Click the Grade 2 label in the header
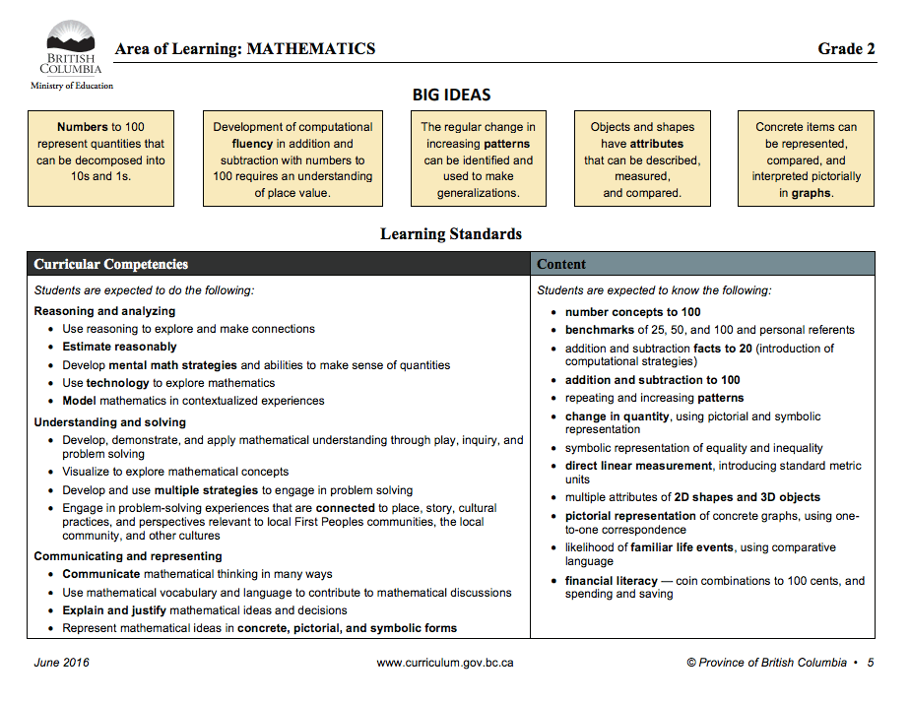846,48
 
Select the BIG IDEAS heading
451,96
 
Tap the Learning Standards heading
451,234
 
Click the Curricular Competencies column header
111,264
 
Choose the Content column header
561,264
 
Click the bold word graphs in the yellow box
812,193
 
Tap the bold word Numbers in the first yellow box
82,127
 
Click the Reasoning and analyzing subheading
104,311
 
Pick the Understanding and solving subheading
109,422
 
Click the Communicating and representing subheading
128,556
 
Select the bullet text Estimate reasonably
119,347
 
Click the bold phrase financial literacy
611,581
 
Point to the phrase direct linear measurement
638,466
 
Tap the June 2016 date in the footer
61,663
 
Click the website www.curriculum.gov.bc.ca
445,663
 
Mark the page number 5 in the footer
871,663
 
